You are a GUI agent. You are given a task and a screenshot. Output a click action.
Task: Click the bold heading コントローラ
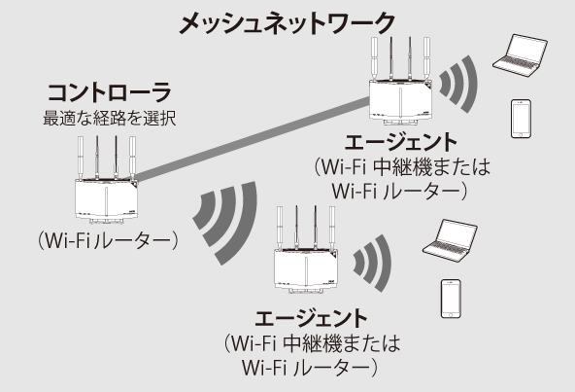pyautogui.click(x=110, y=92)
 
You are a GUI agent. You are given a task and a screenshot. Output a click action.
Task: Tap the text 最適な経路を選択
pyautogui.click(x=110, y=118)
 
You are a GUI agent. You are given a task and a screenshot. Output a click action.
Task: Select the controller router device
pyautogui.click(x=106, y=180)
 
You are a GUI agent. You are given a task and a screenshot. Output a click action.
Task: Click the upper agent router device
pyautogui.click(x=400, y=81)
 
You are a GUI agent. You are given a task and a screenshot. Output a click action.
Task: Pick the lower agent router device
pyautogui.click(x=306, y=249)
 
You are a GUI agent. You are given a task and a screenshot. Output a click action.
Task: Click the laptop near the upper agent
pyautogui.click(x=520, y=55)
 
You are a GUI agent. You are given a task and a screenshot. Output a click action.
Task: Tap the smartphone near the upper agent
pyautogui.click(x=521, y=119)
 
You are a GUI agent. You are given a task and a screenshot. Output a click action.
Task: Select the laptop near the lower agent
pyautogui.click(x=450, y=240)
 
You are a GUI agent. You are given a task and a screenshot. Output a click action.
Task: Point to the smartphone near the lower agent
pyautogui.click(x=451, y=299)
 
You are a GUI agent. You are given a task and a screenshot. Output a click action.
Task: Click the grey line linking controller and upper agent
pyautogui.click(x=253, y=139)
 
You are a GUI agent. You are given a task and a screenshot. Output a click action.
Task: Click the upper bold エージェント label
pyautogui.click(x=401, y=143)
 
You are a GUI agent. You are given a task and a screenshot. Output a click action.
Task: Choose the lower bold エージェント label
pyautogui.click(x=312, y=319)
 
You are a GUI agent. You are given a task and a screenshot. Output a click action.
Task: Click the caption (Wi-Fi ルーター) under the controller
pyautogui.click(x=108, y=240)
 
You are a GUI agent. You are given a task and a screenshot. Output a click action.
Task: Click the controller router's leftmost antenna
pyautogui.click(x=81, y=158)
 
